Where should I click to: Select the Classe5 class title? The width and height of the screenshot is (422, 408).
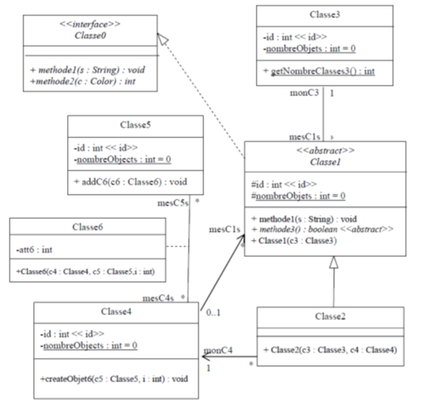click(135, 125)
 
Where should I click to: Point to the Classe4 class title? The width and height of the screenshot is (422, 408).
click(118, 311)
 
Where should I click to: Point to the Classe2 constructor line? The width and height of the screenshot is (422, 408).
click(330, 349)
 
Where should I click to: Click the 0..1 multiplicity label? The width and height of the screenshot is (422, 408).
click(214, 311)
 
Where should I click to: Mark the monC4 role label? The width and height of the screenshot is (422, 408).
click(219, 351)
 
